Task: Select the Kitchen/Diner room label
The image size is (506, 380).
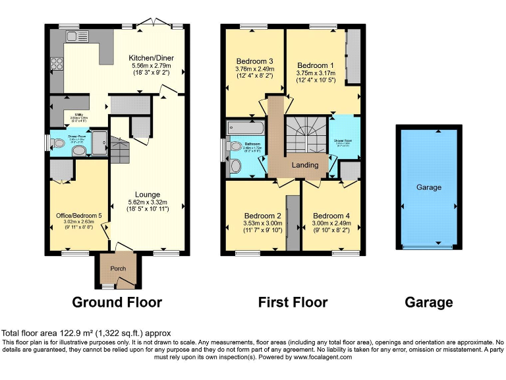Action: pos(150,58)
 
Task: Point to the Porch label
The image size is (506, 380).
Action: pos(118,269)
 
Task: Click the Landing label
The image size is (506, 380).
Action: pos(304,165)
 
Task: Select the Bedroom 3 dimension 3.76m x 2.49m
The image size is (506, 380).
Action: pos(254,69)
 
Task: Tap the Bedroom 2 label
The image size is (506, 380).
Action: pos(262,216)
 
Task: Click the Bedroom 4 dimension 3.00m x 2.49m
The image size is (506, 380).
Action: pos(331,223)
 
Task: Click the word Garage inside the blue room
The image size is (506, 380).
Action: pos(428,187)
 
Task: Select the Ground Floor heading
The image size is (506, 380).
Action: pos(116,303)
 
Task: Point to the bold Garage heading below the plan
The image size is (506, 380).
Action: pos(428,303)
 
